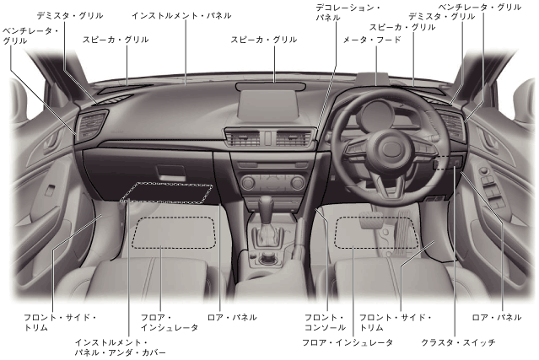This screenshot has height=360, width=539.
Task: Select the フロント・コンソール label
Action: point(326,322)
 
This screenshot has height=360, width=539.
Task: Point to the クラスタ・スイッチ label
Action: point(458,343)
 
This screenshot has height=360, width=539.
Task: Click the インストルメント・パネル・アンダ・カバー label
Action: point(121,347)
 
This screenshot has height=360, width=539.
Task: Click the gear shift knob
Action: point(265,205)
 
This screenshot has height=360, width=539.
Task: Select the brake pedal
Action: point(370,223)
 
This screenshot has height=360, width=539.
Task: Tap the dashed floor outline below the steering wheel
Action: point(377,233)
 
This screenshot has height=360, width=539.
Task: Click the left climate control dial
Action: point(247,180)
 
